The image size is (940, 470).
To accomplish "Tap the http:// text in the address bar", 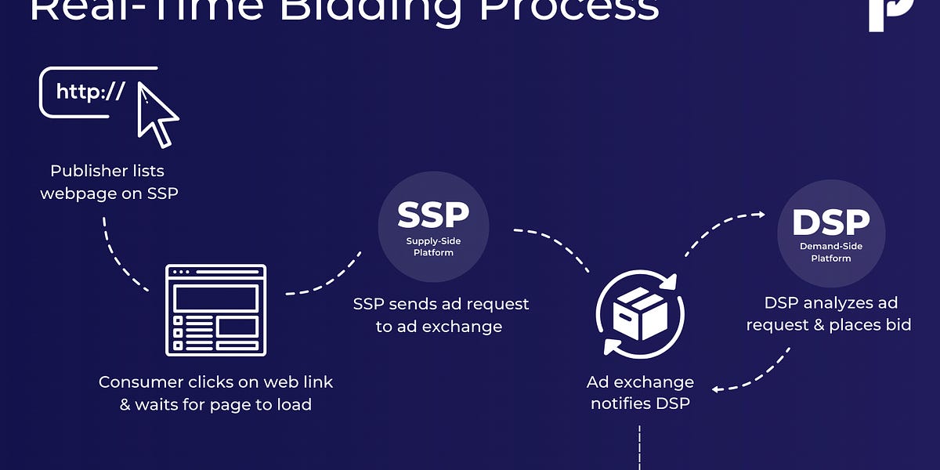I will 90,92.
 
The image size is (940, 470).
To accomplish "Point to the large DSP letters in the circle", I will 830,223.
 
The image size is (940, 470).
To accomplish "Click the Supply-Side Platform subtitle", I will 433,247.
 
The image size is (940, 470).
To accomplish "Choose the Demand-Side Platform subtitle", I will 831,252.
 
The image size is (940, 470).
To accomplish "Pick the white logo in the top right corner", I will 891,12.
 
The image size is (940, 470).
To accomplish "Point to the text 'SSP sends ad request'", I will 441,304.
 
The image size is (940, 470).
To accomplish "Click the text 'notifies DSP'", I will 640,404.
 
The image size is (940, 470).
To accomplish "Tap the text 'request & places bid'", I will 828,324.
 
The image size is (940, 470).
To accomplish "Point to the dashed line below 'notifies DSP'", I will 640,448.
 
